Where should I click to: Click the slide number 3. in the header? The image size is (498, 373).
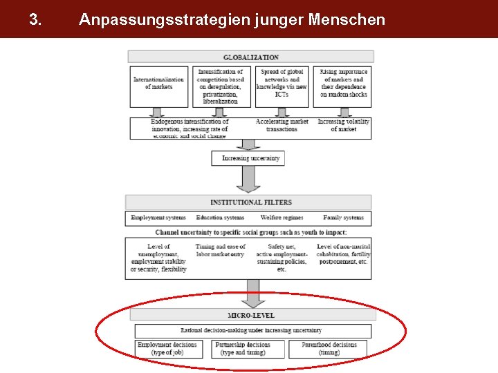click(x=35, y=19)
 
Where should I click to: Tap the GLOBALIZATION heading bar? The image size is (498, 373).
click(x=251, y=57)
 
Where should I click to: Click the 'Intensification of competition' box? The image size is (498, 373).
click(x=221, y=86)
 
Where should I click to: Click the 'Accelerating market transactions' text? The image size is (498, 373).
click(x=282, y=125)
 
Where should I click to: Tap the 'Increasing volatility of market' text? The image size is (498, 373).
click(x=344, y=125)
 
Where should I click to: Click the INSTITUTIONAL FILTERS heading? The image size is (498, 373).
click(x=251, y=202)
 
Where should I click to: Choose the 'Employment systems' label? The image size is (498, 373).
click(x=158, y=218)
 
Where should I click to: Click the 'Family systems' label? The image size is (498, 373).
click(x=343, y=218)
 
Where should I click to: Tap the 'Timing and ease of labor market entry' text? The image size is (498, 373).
click(x=221, y=251)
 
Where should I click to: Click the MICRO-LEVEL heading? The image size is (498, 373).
click(x=251, y=315)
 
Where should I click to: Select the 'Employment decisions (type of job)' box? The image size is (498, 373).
click(x=167, y=349)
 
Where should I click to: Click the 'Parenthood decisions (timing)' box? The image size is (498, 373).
click(x=324, y=349)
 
